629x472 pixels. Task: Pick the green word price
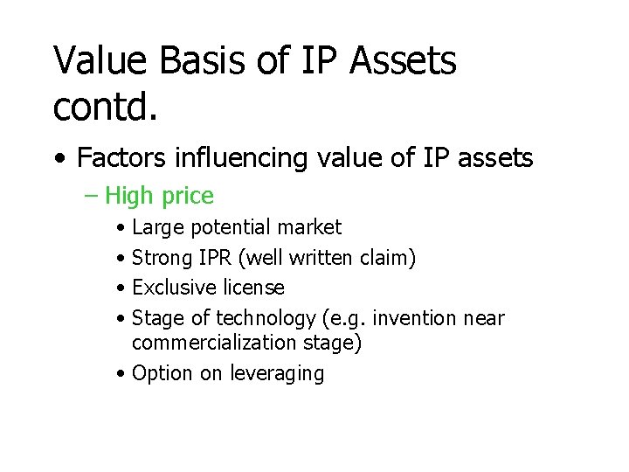188,197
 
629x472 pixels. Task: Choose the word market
309,228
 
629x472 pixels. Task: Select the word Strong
162,258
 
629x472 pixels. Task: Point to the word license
252,288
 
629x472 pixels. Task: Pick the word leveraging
277,374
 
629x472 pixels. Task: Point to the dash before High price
93,197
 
